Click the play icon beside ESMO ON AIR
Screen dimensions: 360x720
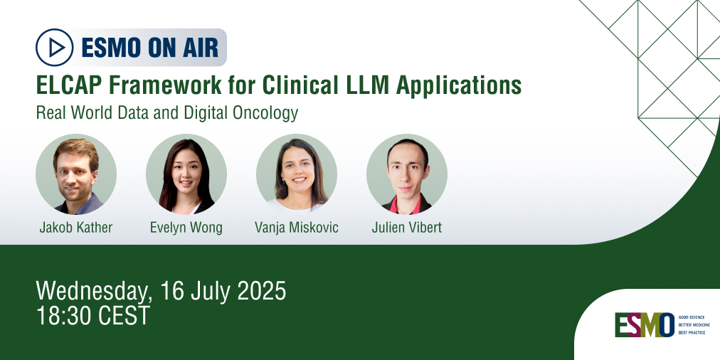click(55, 47)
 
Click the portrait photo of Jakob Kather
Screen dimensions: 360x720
click(76, 174)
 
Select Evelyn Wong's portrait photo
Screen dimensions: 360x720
click(186, 174)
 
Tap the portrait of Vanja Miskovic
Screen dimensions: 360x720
click(297, 174)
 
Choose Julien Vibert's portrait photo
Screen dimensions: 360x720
click(407, 174)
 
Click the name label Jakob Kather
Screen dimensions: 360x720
click(76, 228)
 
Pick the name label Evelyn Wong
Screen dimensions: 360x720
click(186, 228)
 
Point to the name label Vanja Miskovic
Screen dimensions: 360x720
click(297, 228)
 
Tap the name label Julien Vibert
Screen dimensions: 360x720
click(407, 228)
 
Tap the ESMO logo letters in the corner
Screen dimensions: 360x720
click(644, 324)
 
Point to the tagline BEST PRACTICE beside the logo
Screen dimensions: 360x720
click(692, 332)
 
